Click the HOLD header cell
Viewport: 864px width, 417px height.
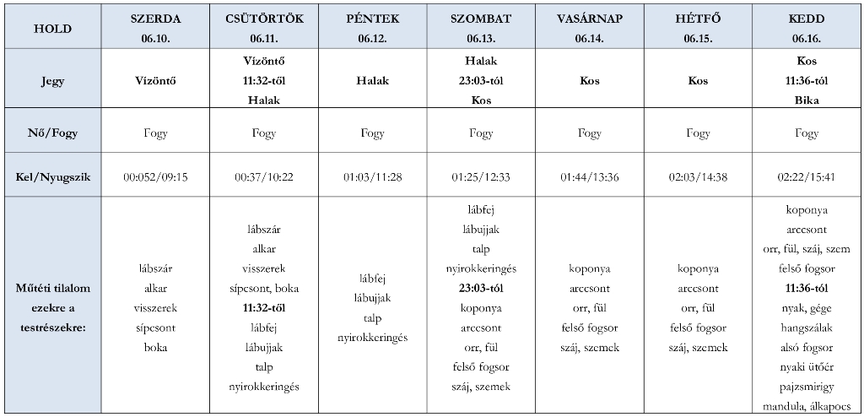52,28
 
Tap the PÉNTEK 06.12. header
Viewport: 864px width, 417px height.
372,28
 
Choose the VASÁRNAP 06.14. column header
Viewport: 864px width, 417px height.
590,28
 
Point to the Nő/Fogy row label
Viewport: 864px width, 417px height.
52,133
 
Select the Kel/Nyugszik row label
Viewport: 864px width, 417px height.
52,176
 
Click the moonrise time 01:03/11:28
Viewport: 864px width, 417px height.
372,176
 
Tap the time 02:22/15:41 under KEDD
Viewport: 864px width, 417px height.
807,176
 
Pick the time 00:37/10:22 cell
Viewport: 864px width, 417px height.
263,176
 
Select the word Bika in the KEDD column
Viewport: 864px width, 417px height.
807,100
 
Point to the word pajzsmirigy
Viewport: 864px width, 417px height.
807,385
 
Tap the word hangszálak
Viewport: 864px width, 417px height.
807,328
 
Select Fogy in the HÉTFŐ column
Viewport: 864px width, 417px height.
698,133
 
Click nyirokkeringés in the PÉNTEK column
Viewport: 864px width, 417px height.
372,338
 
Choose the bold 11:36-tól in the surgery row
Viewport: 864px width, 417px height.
807,289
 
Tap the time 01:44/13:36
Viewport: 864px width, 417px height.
590,176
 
